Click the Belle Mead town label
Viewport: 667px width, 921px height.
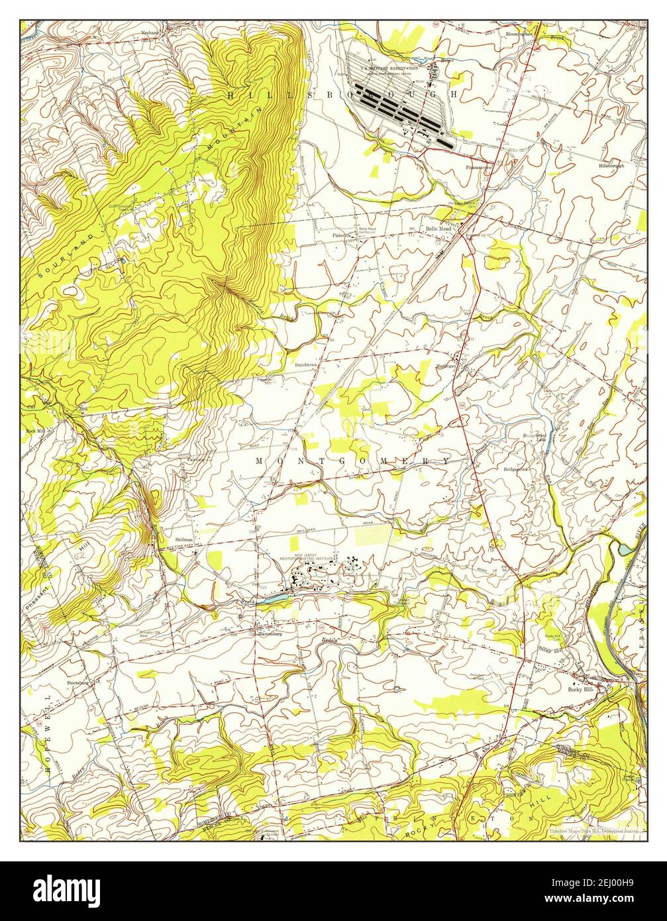point(438,229)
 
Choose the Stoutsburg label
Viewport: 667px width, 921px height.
point(78,681)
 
